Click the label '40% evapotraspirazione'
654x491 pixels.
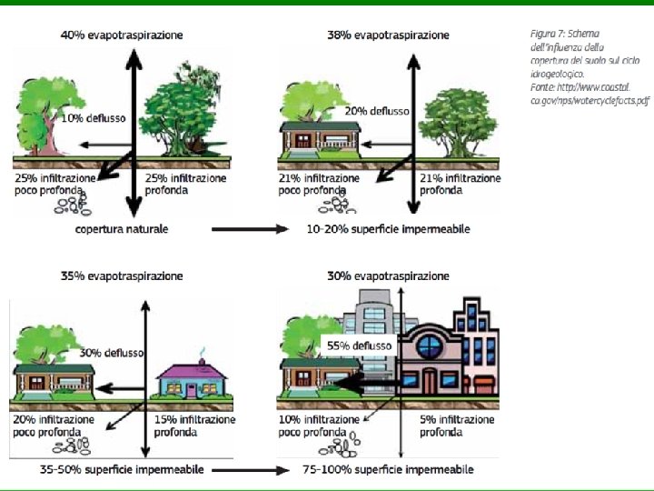pos(122,35)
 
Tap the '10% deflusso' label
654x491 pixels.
pos(92,118)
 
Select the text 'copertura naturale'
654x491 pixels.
pos(122,229)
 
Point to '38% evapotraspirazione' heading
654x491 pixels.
pos(388,35)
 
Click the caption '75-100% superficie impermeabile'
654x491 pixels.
pos(388,469)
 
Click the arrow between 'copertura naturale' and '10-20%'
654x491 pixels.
pos(249,229)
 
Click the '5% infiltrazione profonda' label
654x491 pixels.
pos(457,426)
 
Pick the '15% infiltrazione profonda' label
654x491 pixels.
pos(194,426)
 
